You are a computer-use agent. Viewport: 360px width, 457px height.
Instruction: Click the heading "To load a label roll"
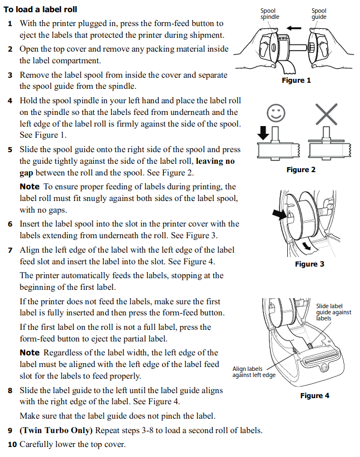(41, 9)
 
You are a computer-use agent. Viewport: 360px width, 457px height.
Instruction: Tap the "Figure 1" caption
(296, 81)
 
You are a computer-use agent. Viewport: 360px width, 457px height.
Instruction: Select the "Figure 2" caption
(301, 169)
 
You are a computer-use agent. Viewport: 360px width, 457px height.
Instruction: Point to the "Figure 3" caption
(309, 264)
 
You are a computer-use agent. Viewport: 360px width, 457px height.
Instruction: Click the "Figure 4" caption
(314, 395)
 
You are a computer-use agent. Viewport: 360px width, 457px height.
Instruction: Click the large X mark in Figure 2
(326, 114)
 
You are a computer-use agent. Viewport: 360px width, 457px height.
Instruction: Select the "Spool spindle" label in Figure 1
(270, 14)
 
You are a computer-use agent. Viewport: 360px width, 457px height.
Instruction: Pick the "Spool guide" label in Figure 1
(319, 14)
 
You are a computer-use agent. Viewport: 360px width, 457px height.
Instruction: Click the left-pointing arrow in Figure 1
(294, 27)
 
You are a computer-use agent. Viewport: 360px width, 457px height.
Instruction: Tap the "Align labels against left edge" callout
(253, 372)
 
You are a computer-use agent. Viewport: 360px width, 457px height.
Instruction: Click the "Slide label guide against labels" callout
(333, 312)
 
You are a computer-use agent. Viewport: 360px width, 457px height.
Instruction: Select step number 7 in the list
(10, 250)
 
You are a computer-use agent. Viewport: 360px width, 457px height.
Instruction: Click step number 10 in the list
(12, 444)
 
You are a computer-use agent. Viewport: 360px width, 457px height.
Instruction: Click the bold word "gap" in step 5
(27, 173)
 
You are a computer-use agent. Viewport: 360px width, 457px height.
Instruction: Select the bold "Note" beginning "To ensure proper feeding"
(29, 187)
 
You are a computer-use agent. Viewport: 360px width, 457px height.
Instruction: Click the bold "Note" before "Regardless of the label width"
(29, 353)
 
